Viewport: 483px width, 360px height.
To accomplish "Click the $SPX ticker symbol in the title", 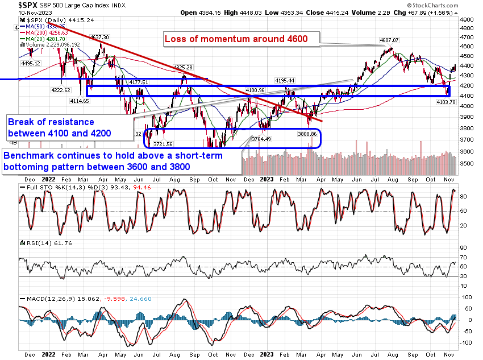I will tap(14, 5).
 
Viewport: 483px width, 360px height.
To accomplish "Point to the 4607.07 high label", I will tap(390, 40).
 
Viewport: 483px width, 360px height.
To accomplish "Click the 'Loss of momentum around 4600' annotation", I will tap(236, 39).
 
